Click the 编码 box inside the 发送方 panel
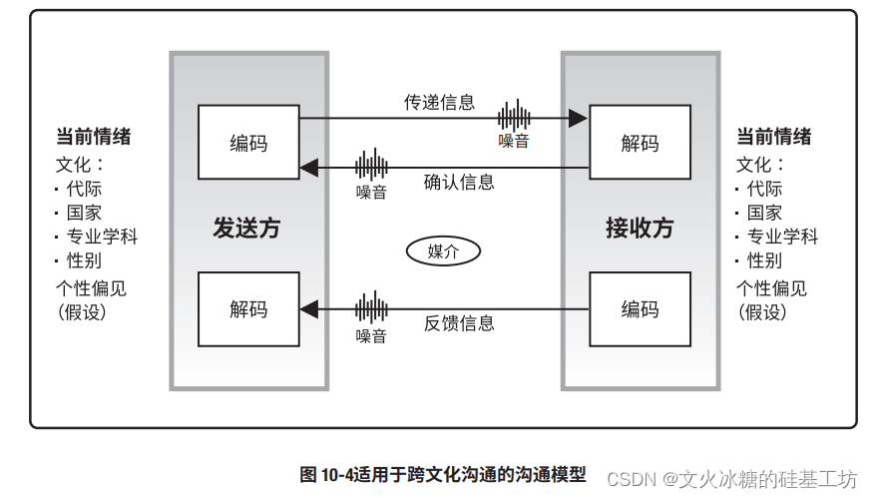248,142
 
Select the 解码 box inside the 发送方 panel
248,308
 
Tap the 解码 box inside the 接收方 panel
640,142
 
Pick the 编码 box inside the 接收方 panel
640,308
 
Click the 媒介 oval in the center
442,250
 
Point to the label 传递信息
439,102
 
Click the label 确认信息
459,183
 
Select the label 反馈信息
459,323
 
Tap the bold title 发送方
246,228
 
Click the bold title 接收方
640,228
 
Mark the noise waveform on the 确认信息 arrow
371,165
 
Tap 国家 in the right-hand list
764,213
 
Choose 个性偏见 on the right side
771,288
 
